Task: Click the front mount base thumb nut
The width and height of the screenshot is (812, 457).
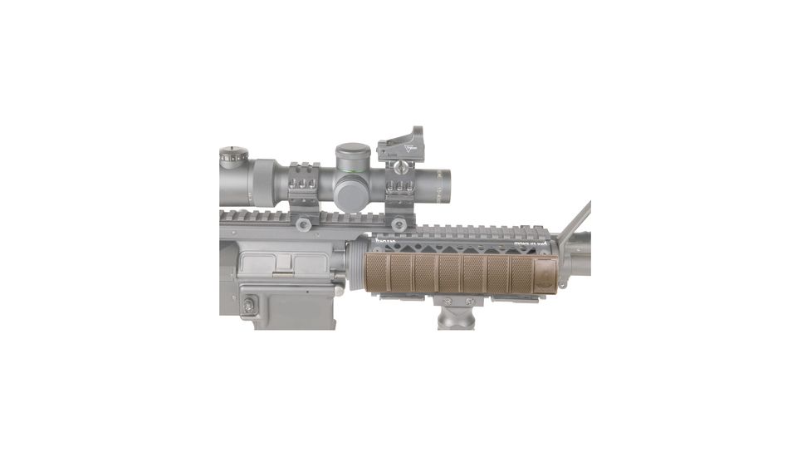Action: pos(399,223)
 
